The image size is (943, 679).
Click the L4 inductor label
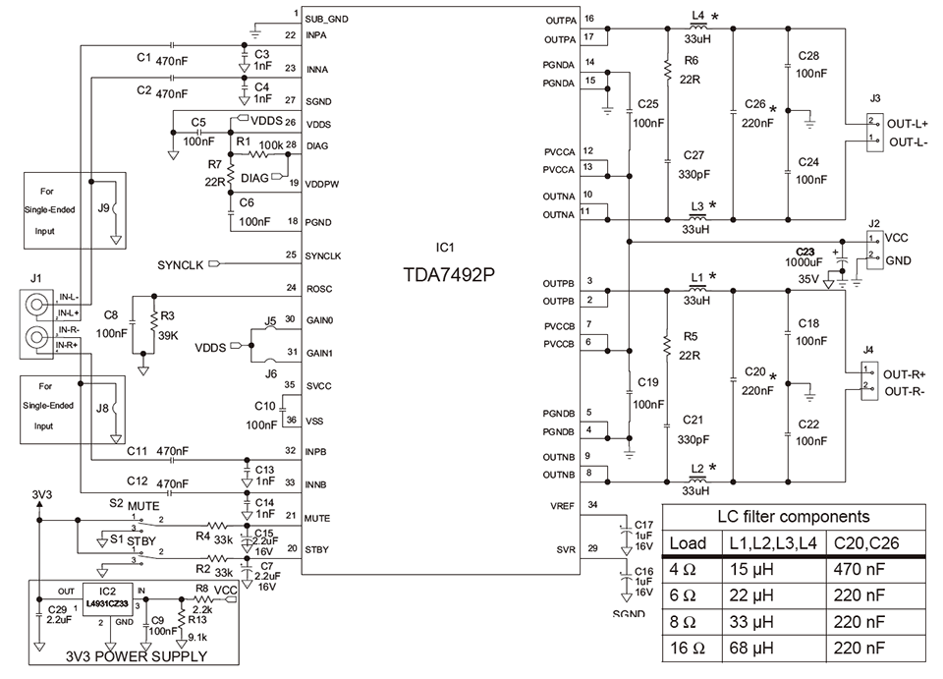[x=697, y=17]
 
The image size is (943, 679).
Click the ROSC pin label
[x=320, y=288]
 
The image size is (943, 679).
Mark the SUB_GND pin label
[x=326, y=19]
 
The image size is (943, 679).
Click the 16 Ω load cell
[x=689, y=649]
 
